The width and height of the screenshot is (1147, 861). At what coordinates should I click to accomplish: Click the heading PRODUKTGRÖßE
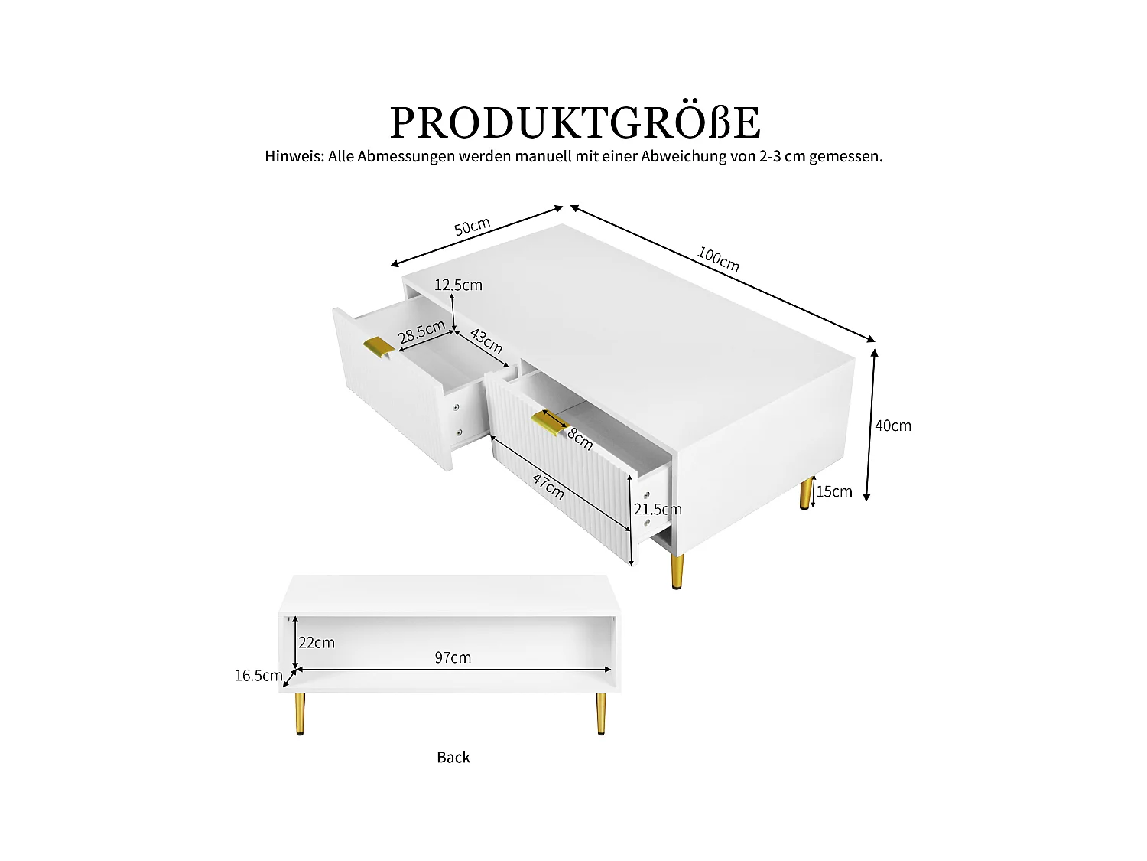[575, 122]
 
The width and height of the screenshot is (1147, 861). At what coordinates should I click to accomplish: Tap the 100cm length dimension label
[718, 259]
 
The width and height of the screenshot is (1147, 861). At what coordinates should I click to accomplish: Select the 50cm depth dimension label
[472, 227]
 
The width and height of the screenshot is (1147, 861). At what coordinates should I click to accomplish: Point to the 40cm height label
[893, 426]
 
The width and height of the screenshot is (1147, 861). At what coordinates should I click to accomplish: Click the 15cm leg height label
[834, 491]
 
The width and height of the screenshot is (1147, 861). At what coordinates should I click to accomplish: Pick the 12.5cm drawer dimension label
[458, 285]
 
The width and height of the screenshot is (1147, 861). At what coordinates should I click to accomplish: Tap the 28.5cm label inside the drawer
[421, 333]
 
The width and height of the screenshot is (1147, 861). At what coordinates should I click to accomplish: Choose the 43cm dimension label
[486, 341]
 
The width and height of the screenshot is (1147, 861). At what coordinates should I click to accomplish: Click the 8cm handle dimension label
[580, 439]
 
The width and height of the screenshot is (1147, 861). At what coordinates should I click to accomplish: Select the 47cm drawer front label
[548, 486]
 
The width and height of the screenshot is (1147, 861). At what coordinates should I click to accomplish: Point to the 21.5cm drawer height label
[658, 510]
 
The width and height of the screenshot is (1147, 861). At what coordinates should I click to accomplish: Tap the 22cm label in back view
[317, 643]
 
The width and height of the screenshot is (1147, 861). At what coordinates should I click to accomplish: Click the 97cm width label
[453, 657]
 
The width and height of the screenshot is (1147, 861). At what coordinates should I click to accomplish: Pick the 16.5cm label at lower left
[258, 675]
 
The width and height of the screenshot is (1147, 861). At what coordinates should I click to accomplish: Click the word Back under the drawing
[453, 757]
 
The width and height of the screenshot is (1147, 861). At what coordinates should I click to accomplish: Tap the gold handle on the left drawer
[379, 346]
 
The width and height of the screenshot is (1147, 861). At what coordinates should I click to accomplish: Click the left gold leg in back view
[300, 713]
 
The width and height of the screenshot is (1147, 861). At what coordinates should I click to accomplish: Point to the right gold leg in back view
[601, 713]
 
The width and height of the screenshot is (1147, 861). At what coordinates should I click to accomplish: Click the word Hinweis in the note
[294, 156]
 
